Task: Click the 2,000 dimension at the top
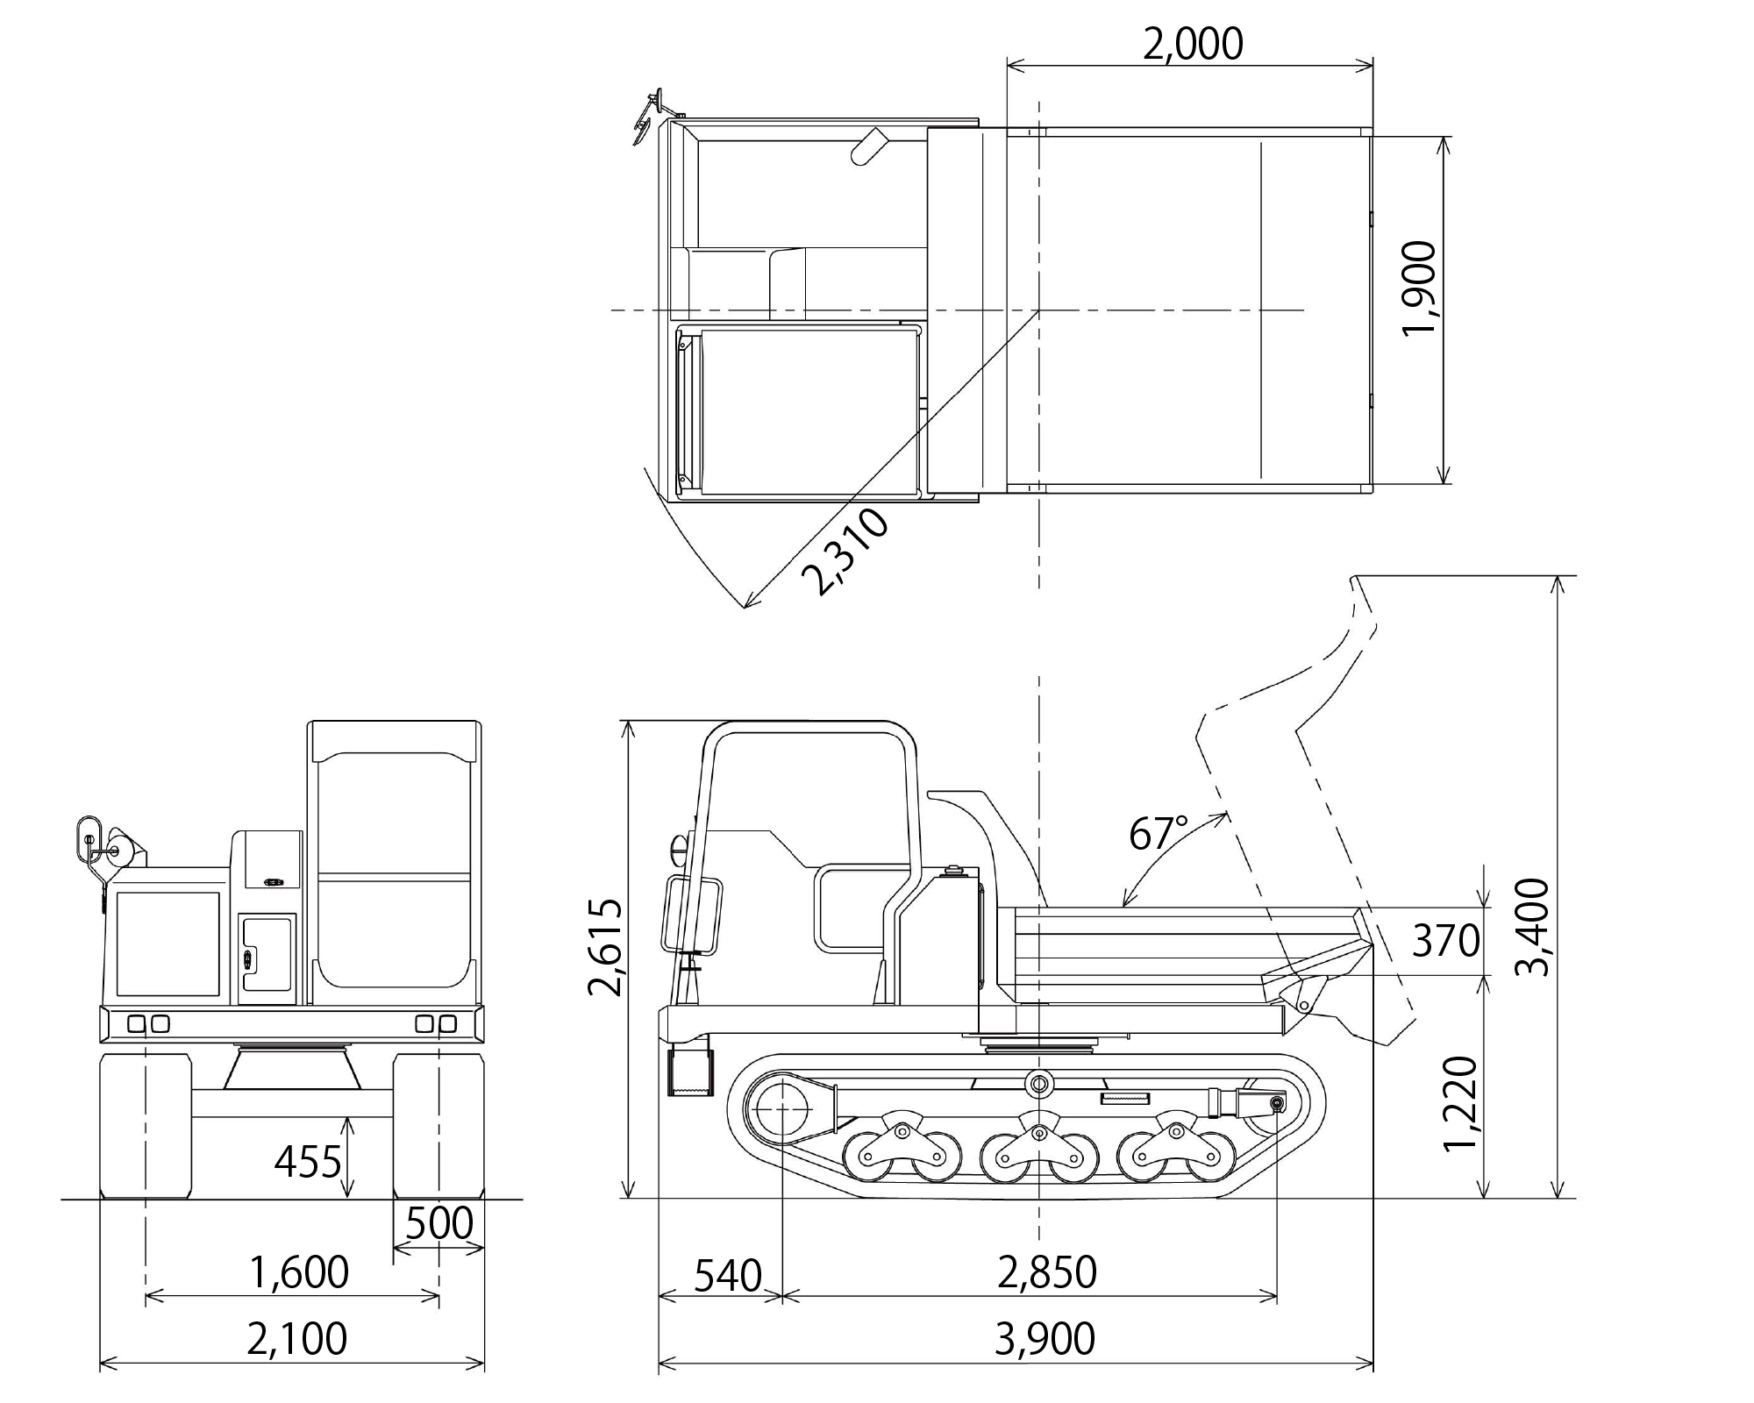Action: click(x=1192, y=44)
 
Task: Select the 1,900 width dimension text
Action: click(x=1419, y=287)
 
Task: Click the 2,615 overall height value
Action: click(x=605, y=947)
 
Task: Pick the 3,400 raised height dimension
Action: click(x=1533, y=927)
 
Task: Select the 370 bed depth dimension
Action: click(x=1445, y=941)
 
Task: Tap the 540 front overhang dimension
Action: click(x=727, y=1276)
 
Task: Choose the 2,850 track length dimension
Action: click(x=1047, y=1272)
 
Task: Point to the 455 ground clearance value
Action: click(x=307, y=1163)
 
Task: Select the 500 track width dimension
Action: click(x=439, y=1223)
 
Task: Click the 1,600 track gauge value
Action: click(x=299, y=1272)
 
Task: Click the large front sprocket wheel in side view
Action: click(x=780, y=1109)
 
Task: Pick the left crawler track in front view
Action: click(x=146, y=1126)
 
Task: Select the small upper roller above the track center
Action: click(x=1039, y=1084)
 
